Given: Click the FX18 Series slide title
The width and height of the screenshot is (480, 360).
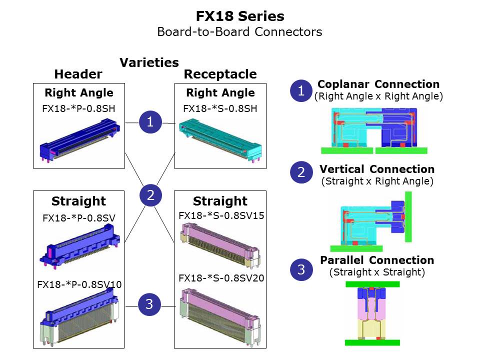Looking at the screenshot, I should (x=240, y=16).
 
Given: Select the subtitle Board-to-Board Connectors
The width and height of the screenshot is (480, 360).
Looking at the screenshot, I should (x=239, y=32).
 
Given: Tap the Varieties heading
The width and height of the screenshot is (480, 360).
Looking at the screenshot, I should (x=149, y=62).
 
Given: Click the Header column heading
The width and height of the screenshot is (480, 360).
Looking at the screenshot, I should (x=78, y=74).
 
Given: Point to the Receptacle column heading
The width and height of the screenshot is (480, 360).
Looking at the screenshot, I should (x=220, y=74).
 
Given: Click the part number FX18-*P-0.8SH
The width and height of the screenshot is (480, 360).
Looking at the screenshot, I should (x=78, y=108).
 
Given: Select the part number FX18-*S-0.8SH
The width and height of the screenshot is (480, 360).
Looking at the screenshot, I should (x=220, y=108).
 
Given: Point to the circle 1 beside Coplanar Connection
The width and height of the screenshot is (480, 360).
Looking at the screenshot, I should (x=301, y=91).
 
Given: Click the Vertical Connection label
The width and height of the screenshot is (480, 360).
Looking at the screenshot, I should (x=377, y=169).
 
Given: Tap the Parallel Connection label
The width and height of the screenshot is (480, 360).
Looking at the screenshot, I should (x=377, y=260).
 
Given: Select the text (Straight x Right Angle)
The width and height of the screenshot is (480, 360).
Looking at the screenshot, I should (x=377, y=181).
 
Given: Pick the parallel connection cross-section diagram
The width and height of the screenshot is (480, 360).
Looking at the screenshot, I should (x=373, y=313).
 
